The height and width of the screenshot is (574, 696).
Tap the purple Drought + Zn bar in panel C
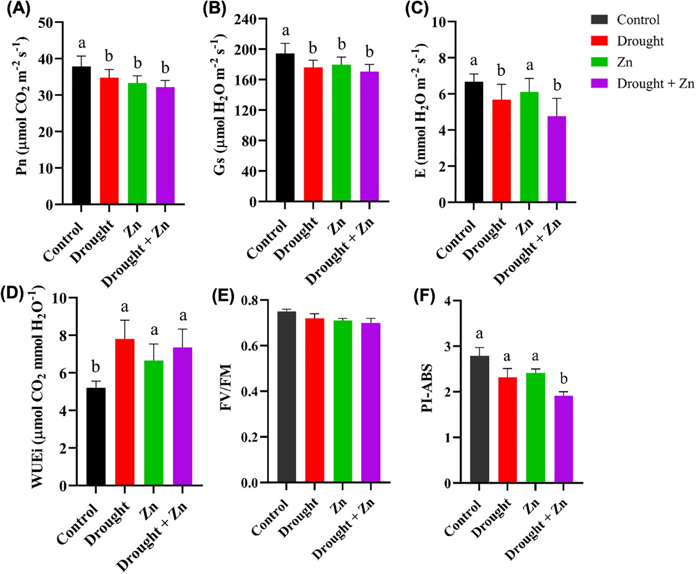556,159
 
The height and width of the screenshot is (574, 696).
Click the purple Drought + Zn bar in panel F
563,439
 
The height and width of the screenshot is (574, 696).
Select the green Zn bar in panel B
341,133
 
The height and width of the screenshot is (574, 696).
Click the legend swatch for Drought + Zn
599,83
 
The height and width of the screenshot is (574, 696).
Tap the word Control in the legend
638,20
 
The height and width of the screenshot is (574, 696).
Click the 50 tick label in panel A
46,22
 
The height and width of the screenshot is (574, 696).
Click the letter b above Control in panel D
96,367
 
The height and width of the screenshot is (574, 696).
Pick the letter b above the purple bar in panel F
564,378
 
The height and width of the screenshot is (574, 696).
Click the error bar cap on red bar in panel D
125,320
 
